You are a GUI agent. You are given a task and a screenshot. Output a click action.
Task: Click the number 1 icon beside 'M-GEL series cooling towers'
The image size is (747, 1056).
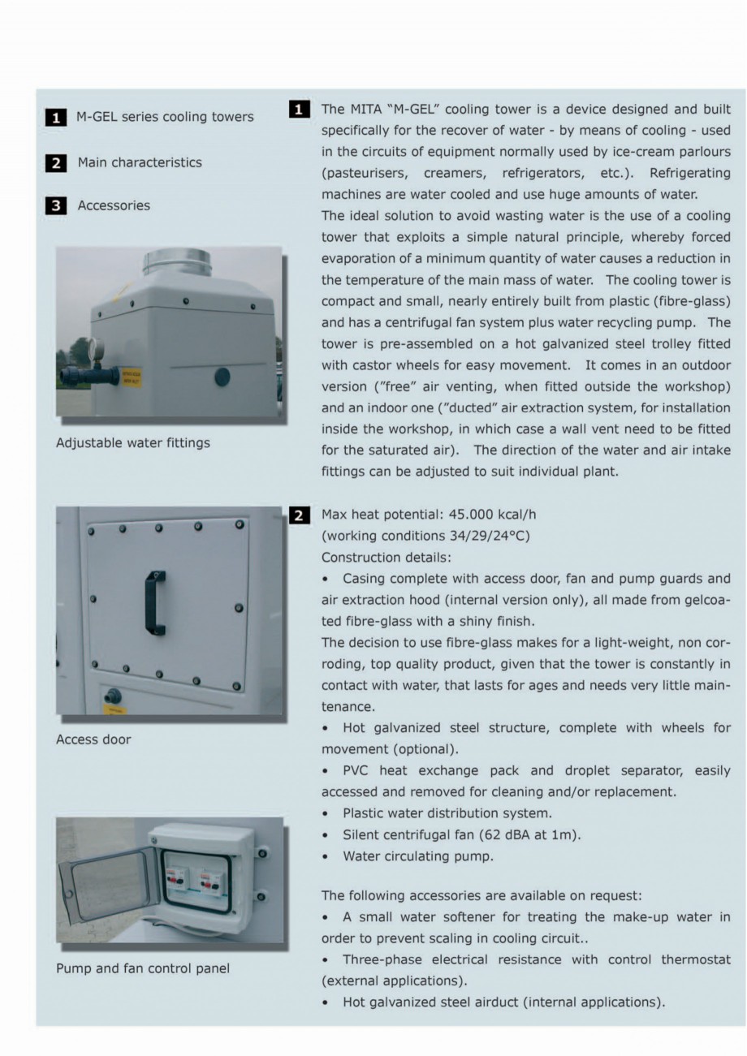[x=55, y=118]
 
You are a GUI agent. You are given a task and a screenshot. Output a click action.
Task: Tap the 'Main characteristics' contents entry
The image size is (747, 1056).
[x=140, y=162]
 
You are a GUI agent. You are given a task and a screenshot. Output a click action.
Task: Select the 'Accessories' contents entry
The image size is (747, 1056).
[x=114, y=205]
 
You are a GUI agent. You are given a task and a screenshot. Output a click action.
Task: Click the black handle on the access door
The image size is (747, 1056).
[x=155, y=602]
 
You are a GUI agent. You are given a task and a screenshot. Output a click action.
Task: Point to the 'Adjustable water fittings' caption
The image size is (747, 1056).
[x=133, y=443]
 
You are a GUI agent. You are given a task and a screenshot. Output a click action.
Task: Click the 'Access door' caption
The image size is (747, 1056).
[x=93, y=739]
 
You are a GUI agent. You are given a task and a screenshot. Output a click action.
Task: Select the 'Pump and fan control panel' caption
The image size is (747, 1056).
[x=143, y=968]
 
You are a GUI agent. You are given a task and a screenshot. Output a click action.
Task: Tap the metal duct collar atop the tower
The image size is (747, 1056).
[x=177, y=262]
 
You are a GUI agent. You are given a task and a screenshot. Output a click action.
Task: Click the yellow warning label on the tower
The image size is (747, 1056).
[x=130, y=377]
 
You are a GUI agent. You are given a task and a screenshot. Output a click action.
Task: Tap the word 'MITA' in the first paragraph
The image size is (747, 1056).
[x=369, y=110]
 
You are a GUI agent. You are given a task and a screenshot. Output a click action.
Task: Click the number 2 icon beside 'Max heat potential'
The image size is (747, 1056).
[x=299, y=515]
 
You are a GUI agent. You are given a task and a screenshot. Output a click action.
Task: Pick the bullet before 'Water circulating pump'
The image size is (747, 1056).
[x=326, y=856]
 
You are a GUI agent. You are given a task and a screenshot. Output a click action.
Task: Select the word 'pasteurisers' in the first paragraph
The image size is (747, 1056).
[x=368, y=173]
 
